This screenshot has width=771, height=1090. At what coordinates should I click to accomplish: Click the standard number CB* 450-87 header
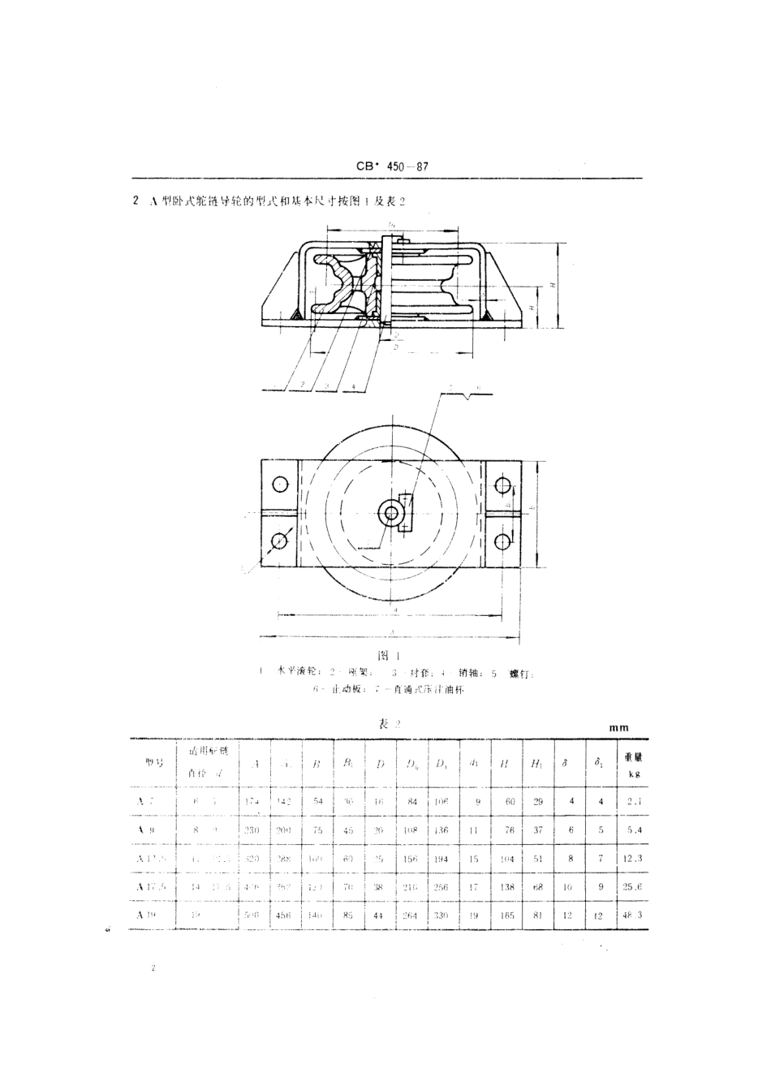click(392, 167)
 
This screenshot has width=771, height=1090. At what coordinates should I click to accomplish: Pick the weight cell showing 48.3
click(633, 915)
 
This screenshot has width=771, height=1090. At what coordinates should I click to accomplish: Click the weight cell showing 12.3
click(633, 858)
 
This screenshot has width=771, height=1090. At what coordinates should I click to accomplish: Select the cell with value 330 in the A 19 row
click(441, 915)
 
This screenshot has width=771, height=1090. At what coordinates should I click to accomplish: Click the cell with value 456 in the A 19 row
click(285, 915)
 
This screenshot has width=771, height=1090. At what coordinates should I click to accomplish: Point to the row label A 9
click(146, 830)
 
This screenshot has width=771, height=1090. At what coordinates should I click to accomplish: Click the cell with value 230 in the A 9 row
click(253, 830)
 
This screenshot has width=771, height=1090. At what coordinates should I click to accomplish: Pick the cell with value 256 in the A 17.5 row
click(441, 887)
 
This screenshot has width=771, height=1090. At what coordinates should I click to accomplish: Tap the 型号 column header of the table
click(151, 763)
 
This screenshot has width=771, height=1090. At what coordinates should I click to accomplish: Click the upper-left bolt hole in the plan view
click(280, 485)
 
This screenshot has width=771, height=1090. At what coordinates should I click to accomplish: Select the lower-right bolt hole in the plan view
click(503, 541)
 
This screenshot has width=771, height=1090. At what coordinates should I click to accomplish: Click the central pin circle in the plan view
click(392, 513)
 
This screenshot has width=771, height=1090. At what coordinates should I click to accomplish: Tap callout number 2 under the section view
click(301, 383)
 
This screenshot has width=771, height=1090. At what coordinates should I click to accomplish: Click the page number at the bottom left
click(152, 969)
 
